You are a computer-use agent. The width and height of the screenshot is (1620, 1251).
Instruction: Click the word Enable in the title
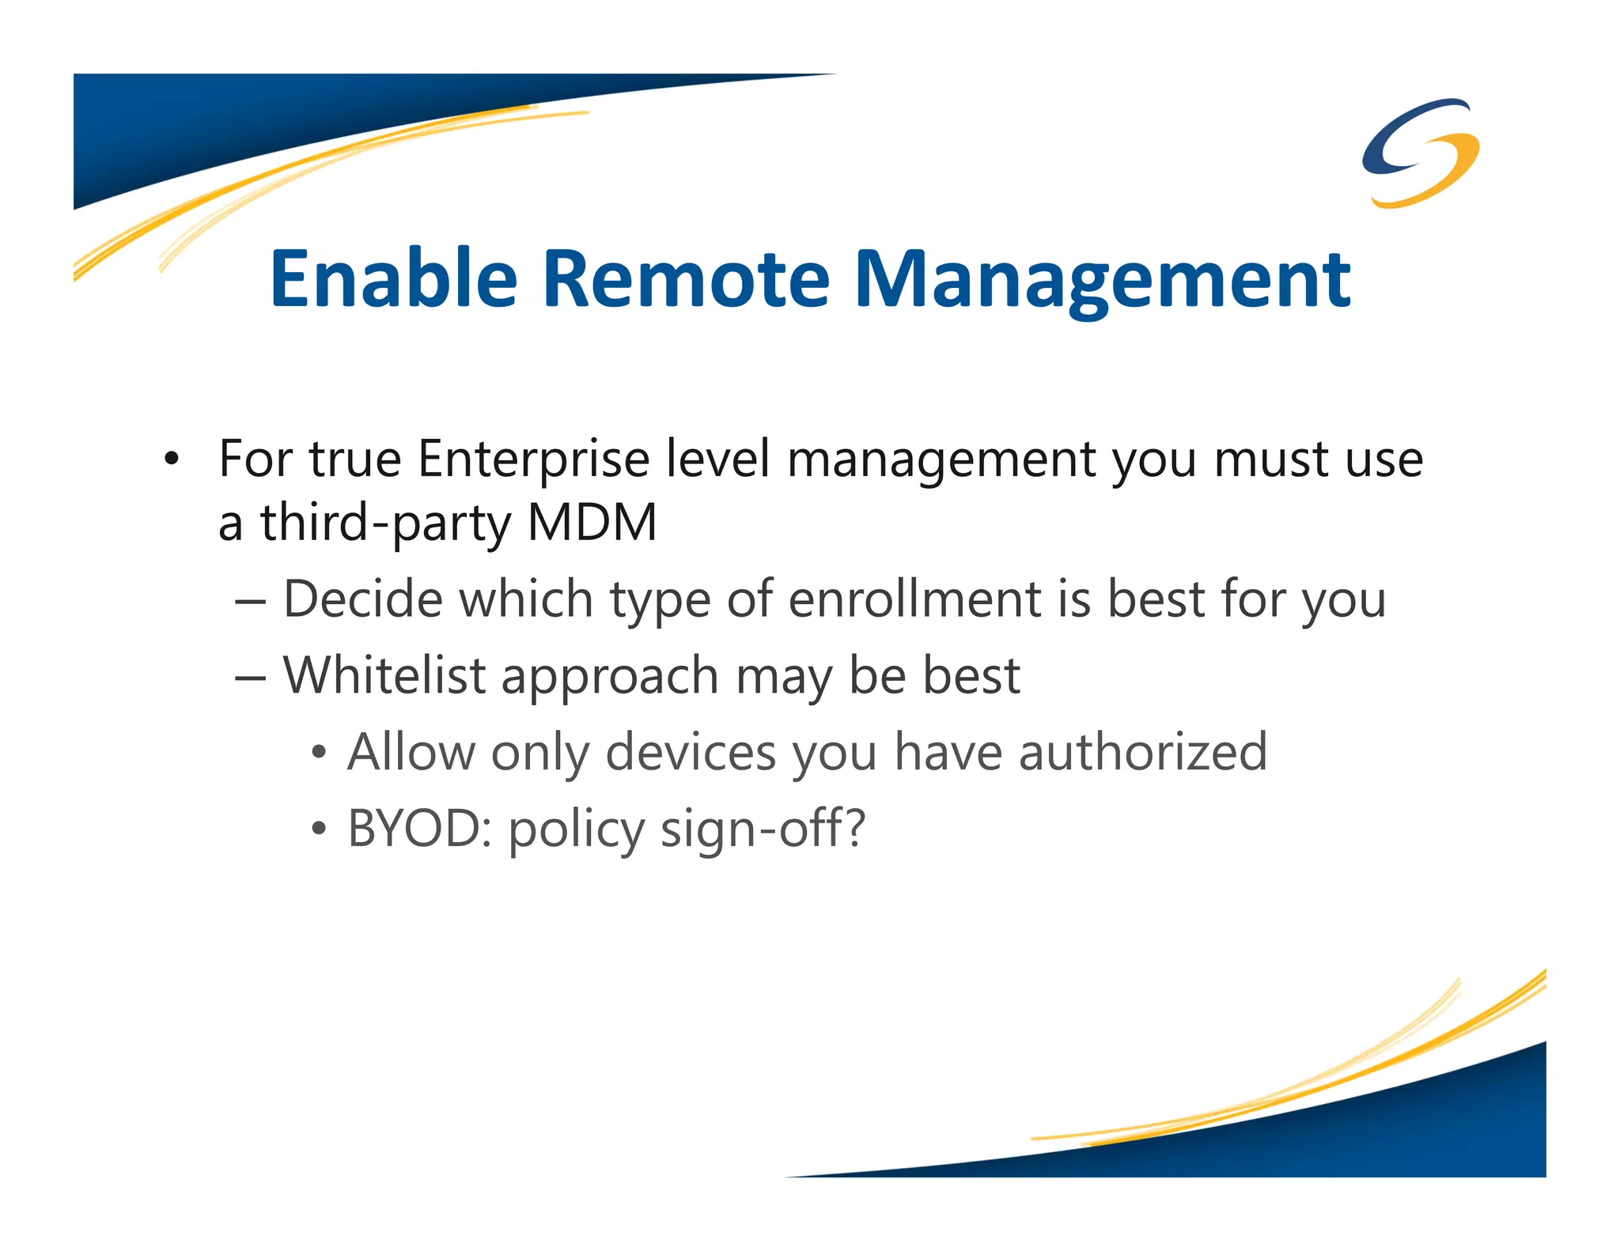point(393,278)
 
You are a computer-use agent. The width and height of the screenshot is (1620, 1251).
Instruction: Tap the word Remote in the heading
point(686,278)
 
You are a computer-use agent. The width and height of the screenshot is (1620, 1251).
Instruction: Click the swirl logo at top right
point(1421,153)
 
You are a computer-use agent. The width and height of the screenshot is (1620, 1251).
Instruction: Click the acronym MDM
point(592,523)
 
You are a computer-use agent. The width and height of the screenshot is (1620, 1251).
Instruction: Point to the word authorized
point(1142,752)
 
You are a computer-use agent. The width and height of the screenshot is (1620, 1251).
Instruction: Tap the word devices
point(691,752)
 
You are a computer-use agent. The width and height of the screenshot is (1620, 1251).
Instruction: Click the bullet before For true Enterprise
point(172,459)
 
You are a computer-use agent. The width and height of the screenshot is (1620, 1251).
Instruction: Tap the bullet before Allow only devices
point(318,753)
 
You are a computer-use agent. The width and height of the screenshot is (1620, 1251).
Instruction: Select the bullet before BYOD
point(318,830)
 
